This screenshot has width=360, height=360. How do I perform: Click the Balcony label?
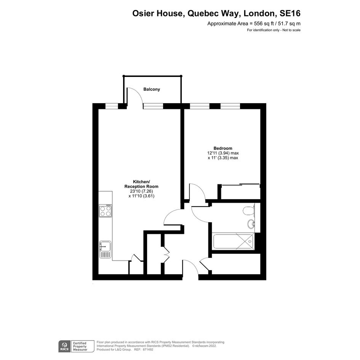pyautogui.click(x=152, y=89)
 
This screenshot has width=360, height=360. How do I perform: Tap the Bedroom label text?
pyautogui.click(x=223, y=148)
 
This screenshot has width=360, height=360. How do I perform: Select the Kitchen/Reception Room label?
pyautogui.click(x=141, y=184)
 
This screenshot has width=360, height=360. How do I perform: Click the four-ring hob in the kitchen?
pyautogui.click(x=106, y=211)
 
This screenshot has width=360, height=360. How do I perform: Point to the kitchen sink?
pyautogui.click(x=106, y=249)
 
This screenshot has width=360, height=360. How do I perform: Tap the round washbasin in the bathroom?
pyautogui.click(x=251, y=224)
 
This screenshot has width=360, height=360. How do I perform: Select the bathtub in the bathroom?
pyautogui.click(x=234, y=241)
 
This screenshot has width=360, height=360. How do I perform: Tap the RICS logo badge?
pyautogui.click(x=65, y=346)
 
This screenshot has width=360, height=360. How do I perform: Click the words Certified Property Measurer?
pyautogui.click(x=80, y=346)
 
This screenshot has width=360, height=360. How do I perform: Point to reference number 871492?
pyautogui.click(x=148, y=350)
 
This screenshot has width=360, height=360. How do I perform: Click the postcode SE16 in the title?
pyautogui.click(x=290, y=13)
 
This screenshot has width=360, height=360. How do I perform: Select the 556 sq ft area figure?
pyautogui.click(x=264, y=23)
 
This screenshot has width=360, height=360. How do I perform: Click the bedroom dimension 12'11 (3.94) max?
pyautogui.click(x=223, y=153)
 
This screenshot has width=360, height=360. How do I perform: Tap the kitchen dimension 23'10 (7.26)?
pyautogui.click(x=141, y=191)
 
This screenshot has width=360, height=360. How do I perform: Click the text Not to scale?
pyautogui.click(x=291, y=30)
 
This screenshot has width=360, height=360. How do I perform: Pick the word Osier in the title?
pyautogui.click(x=144, y=13)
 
